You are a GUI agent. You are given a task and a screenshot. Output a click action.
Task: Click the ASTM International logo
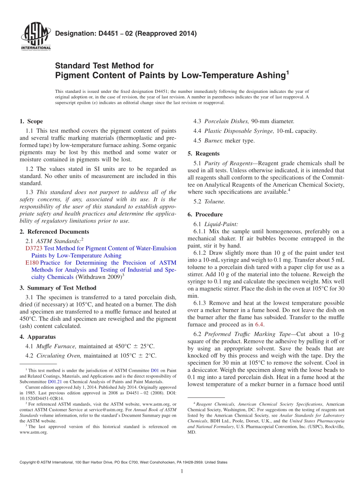pos(35,36)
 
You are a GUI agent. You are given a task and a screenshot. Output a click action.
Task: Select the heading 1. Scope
pos(31,122)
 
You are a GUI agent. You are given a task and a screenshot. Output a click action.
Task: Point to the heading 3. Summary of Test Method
pos(58,288)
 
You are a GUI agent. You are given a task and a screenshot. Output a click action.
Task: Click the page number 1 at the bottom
pos(182,471)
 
